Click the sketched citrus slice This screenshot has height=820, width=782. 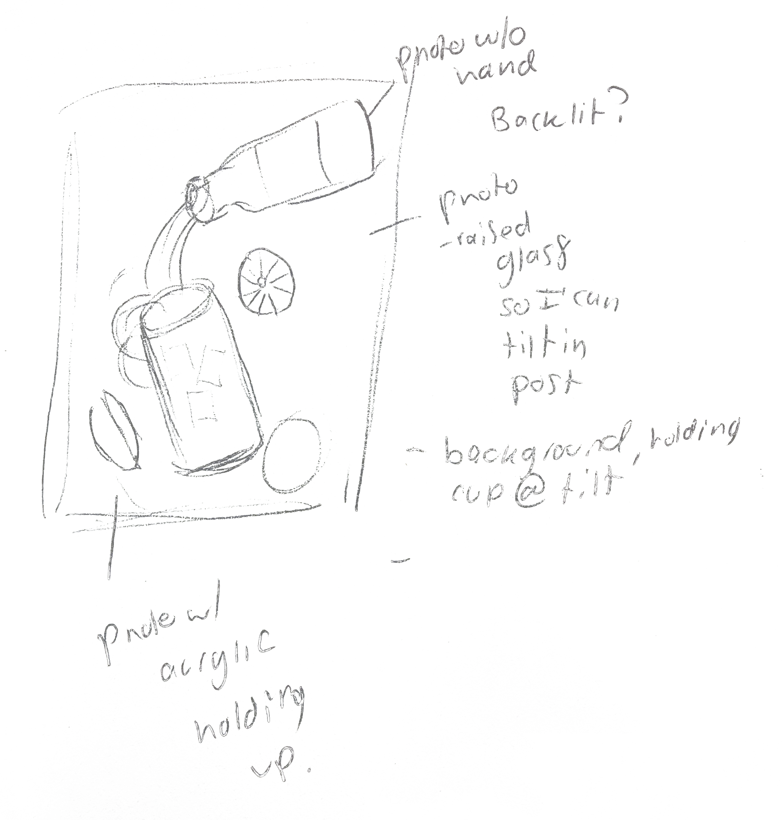266,282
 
